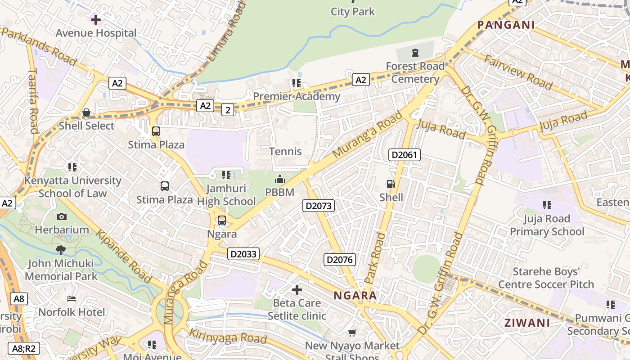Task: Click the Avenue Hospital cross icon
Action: (x=96, y=19)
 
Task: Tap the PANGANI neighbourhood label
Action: (x=506, y=25)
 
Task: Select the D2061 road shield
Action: (x=404, y=155)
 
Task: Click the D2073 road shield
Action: (x=318, y=206)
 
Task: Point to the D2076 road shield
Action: (x=340, y=260)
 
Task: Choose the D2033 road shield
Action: (x=243, y=254)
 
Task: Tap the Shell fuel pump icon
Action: (x=391, y=184)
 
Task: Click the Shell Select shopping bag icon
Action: (x=86, y=112)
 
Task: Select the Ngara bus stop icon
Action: (x=222, y=220)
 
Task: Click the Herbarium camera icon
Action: (x=62, y=216)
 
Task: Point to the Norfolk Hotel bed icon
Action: (x=71, y=299)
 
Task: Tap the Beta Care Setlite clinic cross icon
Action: (x=297, y=289)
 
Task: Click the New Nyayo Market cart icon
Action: (x=352, y=333)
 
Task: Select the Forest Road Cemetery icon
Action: (x=414, y=52)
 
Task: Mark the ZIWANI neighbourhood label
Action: (x=526, y=323)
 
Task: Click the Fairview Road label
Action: (x=517, y=72)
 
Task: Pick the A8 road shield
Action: (x=19, y=298)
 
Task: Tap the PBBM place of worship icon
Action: (x=279, y=180)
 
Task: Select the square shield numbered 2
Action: (x=228, y=110)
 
